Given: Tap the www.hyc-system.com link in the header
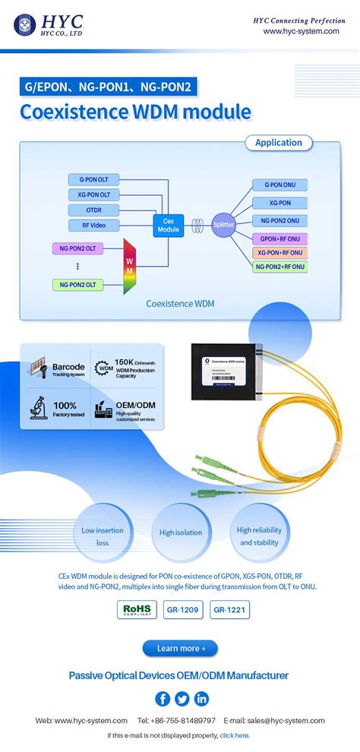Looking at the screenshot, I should [x=301, y=31].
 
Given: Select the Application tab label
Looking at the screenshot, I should [x=278, y=143].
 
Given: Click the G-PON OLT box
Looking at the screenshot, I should [x=93, y=180].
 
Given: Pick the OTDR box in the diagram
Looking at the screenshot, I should [x=93, y=210].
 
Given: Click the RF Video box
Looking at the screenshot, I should [x=93, y=225].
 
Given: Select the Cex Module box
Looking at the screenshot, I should [x=168, y=225].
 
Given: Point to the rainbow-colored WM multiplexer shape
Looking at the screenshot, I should [x=128, y=267].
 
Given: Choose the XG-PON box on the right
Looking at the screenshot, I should [x=281, y=204].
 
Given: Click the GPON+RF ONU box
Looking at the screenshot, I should [x=281, y=239].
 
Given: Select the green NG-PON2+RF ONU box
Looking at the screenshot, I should [x=281, y=267].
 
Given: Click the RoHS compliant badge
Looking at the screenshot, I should [x=137, y=609].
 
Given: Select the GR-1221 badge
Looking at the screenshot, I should [x=229, y=609].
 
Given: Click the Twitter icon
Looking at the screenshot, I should [x=182, y=699].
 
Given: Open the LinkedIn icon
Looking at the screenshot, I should [x=201, y=699].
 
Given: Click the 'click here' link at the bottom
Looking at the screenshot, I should [x=234, y=735].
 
